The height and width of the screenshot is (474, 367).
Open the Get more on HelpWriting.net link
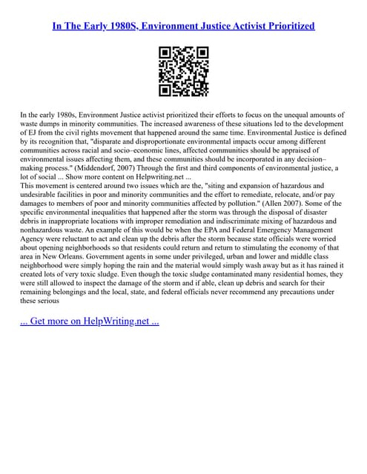point(89,342)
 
